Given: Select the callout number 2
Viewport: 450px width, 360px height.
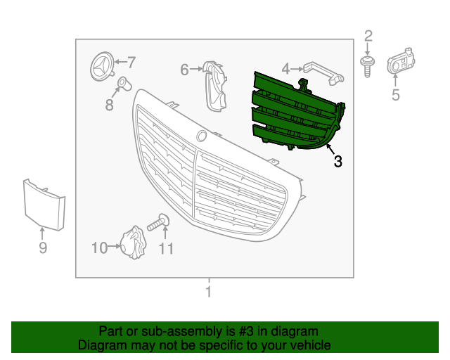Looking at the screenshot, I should [368, 37].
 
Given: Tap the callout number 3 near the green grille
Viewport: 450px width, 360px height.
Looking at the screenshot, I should [338, 162].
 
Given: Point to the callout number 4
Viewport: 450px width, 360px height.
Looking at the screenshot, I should [285, 68].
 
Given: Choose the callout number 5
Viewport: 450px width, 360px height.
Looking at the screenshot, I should [395, 95].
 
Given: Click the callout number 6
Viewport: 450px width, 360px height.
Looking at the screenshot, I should [185, 70].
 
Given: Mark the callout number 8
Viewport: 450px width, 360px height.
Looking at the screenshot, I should [109, 105].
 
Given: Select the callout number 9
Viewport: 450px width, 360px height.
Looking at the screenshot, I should [43, 247].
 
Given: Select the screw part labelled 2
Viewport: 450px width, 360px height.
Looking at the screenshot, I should [366, 66].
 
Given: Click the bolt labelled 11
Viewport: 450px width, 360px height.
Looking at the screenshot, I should [158, 224].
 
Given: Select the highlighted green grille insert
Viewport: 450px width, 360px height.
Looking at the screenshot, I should [295, 112].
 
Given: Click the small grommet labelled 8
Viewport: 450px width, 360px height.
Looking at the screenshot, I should [123, 85].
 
